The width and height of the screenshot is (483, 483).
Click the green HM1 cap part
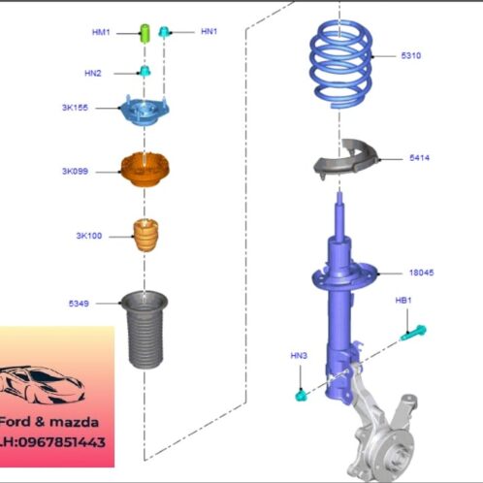[145, 33]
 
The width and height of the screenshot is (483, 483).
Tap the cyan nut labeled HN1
[164, 31]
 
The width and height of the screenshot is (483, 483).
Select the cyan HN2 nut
[145, 71]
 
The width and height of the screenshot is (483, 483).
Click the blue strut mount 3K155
[145, 111]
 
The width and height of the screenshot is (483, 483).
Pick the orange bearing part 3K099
[145, 170]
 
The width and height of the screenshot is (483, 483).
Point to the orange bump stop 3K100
[145, 236]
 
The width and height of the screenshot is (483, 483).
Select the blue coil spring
[340, 65]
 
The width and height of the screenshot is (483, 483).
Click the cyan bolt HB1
[413, 334]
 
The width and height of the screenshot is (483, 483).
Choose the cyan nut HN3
[301, 396]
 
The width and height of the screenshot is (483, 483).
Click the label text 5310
[411, 55]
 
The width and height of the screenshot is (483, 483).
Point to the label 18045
[421, 273]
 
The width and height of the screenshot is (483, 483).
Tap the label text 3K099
[75, 171]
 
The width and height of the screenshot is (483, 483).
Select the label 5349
[79, 304]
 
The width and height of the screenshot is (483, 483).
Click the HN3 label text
[299, 356]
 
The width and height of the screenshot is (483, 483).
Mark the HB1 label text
[403, 301]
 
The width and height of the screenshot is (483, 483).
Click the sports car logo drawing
[42, 385]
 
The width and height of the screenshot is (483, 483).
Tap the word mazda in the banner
[74, 422]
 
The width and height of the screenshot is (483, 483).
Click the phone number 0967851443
[62, 442]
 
